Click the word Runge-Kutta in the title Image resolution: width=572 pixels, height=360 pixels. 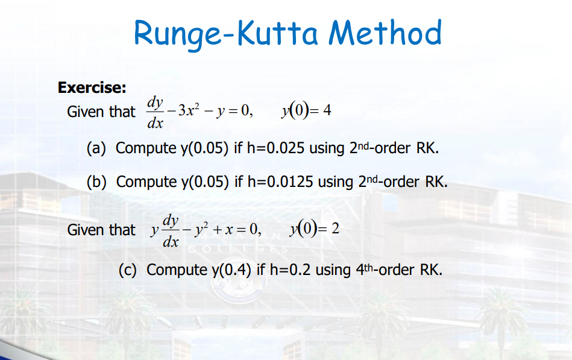point(226,33)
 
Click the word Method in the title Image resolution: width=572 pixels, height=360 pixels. point(385,33)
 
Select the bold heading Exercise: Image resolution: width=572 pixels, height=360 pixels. point(92,88)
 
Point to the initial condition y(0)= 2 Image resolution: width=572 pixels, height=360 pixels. point(315,229)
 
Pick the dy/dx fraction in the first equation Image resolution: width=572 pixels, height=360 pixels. point(156,112)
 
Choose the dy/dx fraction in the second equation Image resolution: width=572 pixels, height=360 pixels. point(171,230)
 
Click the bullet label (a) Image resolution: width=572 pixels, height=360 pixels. point(98,148)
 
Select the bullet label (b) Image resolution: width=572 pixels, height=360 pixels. point(98,182)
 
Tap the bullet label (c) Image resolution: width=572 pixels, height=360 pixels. point(128,269)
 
